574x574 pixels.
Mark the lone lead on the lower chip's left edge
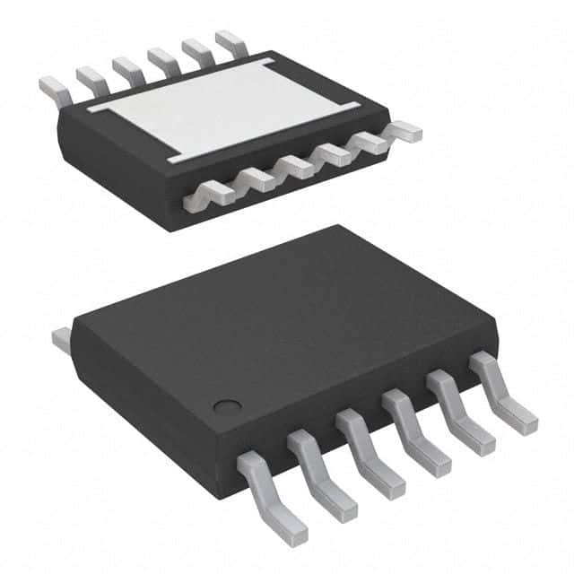[62, 339]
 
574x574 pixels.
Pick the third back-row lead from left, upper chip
[126, 67]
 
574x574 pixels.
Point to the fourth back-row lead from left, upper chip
[162, 58]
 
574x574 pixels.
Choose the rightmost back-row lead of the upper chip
[230, 40]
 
